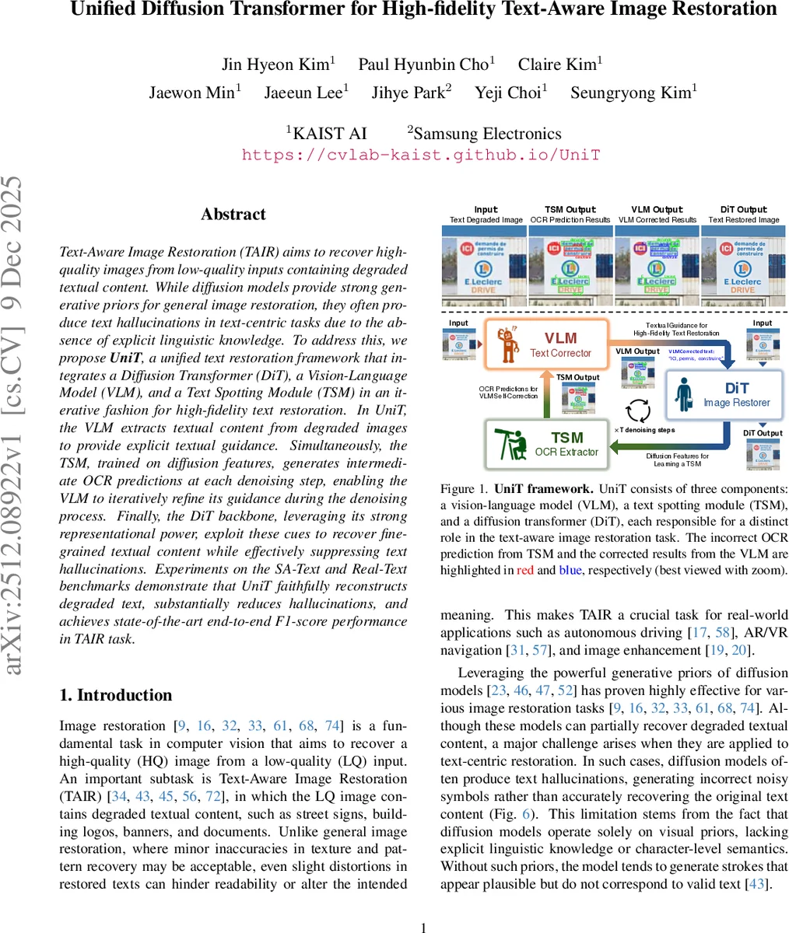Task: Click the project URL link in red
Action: (x=421, y=154)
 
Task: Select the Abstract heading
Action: (x=233, y=215)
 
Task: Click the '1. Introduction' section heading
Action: (x=116, y=695)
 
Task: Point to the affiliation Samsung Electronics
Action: (x=487, y=134)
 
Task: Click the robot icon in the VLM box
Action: (x=509, y=343)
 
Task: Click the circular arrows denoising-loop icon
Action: (x=638, y=409)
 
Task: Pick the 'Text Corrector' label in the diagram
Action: (x=560, y=353)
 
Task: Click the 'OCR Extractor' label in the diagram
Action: (x=566, y=452)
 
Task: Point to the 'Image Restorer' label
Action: (x=736, y=403)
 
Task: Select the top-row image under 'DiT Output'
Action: (x=743, y=266)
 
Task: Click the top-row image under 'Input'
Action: (x=485, y=266)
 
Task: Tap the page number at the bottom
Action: (x=424, y=927)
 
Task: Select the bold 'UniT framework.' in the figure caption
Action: (x=543, y=489)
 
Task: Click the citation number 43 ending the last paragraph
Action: (x=756, y=884)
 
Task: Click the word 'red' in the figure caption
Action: (x=524, y=570)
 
